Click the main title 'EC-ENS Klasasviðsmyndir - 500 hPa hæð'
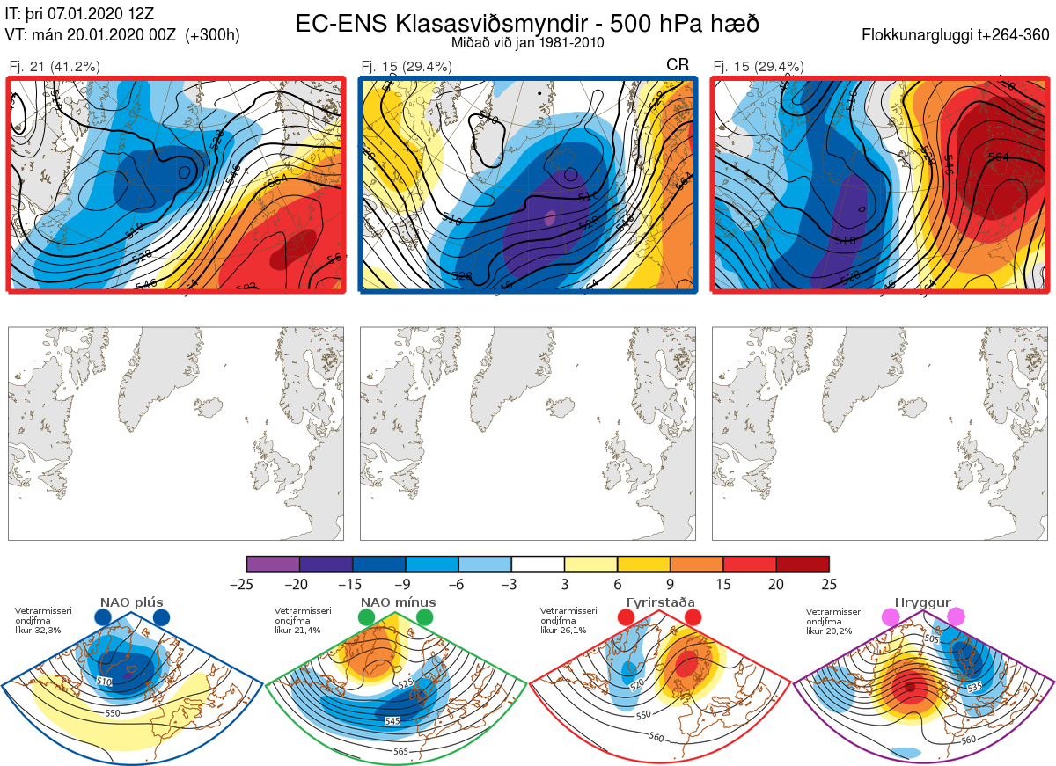coord(527,24)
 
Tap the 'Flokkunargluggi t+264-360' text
coord(957,35)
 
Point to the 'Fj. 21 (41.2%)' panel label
coord(55,66)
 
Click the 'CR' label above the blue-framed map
coord(678,65)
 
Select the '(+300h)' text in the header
coord(211,35)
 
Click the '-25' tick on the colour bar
coord(247,584)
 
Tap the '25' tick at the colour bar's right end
coord(828,584)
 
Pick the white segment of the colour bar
coord(538,564)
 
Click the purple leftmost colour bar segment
coord(273,564)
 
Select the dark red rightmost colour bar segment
coord(803,564)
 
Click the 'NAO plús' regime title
coord(132,602)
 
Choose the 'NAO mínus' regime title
coord(398,602)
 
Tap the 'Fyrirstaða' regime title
coord(658,602)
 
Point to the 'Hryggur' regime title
coord(922,602)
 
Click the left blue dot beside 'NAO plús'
coord(103,617)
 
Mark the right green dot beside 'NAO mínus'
coord(425,617)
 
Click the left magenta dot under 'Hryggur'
coord(891,617)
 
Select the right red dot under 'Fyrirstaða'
coord(692,617)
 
